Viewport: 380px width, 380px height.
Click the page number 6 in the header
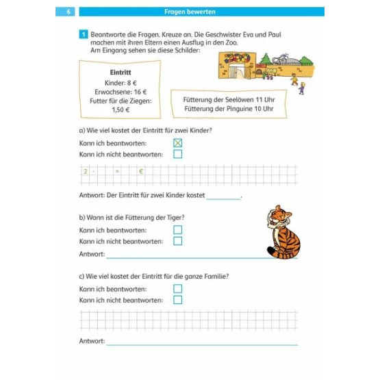tap(68, 12)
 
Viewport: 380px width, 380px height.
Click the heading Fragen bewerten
tap(190, 12)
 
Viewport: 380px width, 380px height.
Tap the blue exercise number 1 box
tap(84, 34)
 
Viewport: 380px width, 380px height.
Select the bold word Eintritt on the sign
tap(121, 72)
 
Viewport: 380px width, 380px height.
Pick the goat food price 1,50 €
tap(121, 110)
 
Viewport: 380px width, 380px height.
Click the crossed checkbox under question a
tap(177, 143)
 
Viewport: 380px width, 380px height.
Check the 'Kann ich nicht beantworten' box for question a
tap(177, 154)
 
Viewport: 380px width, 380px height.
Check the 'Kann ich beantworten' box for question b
tap(177, 230)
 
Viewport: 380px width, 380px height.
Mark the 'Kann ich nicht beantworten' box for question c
tap(177, 300)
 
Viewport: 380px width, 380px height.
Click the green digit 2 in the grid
tap(86, 172)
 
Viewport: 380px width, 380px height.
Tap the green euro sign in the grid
tap(141, 172)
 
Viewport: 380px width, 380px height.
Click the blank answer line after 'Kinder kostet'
tap(223, 199)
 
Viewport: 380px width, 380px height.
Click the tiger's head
tap(279, 216)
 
